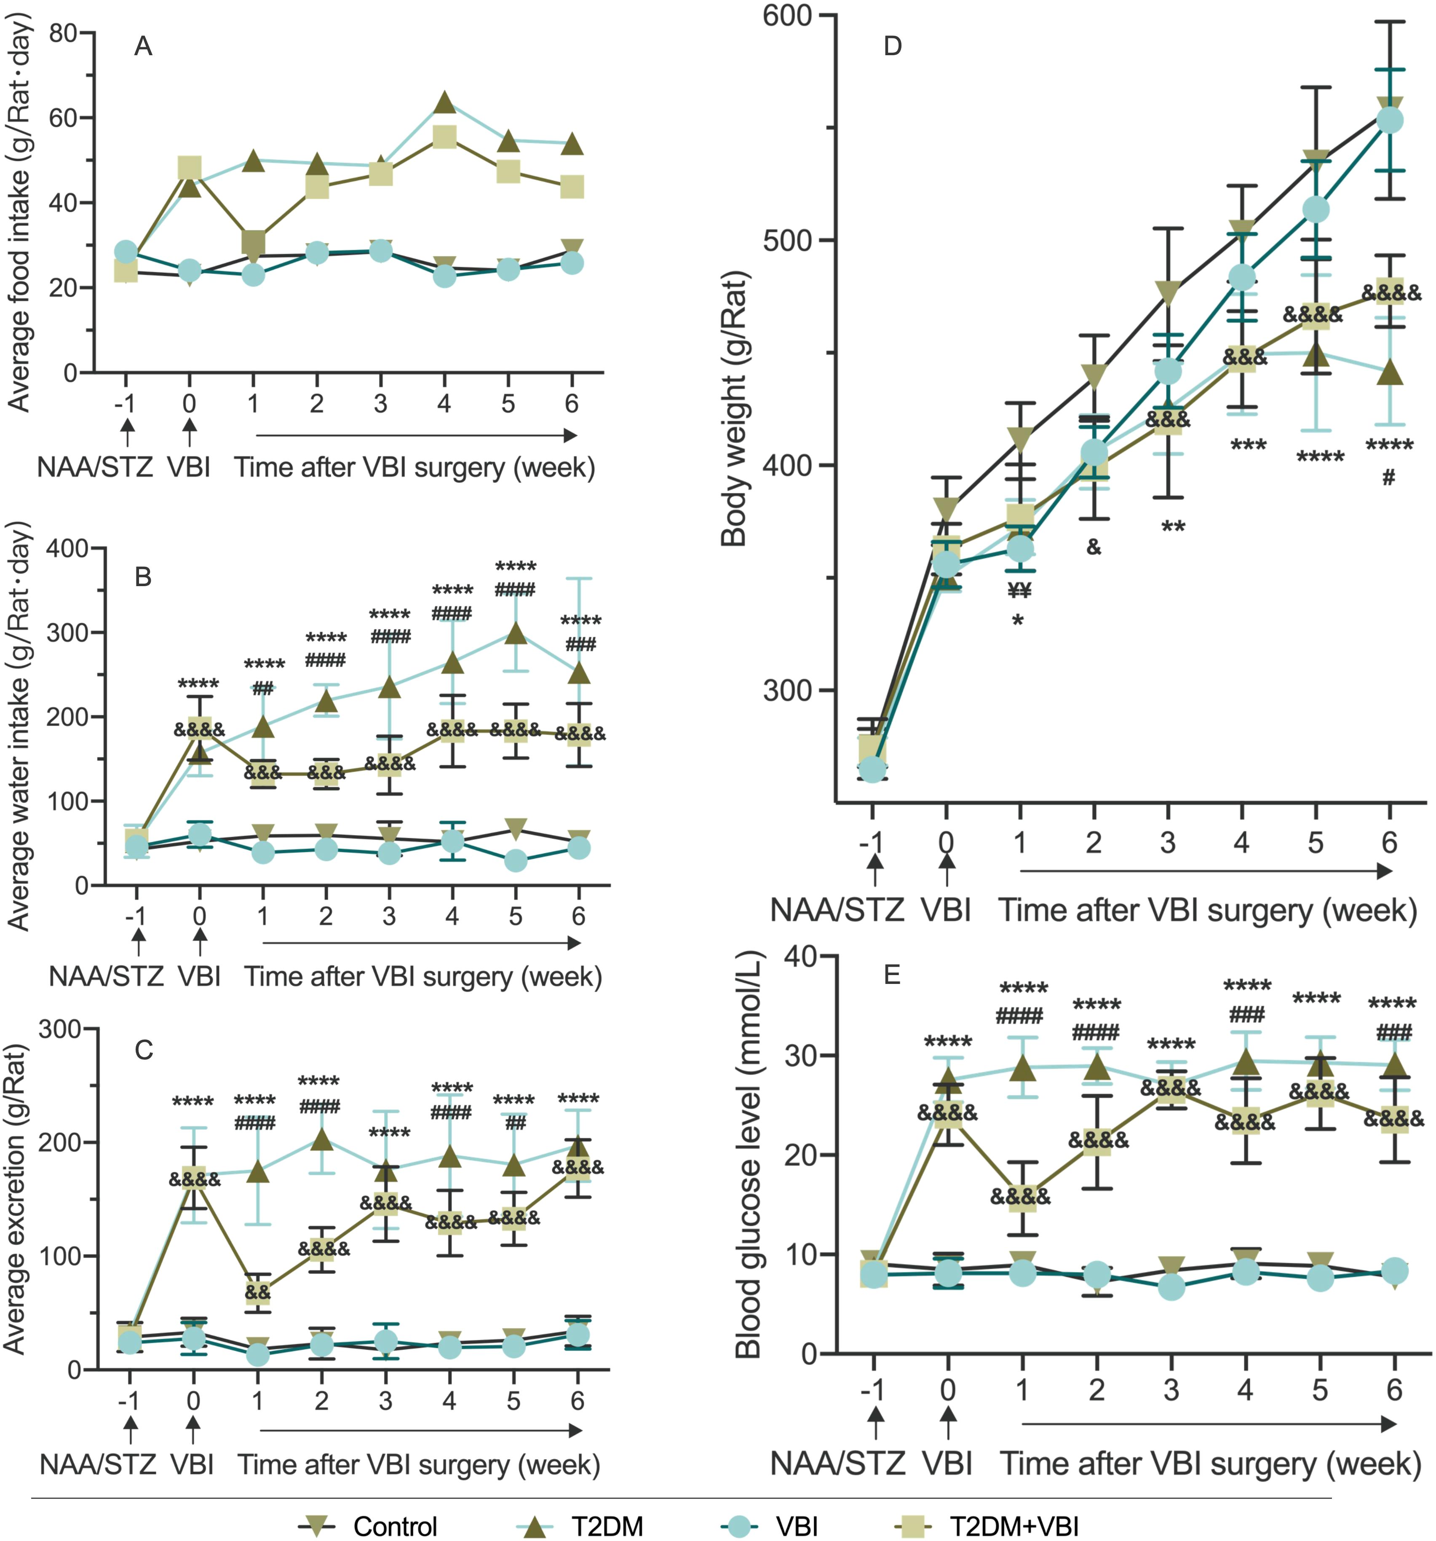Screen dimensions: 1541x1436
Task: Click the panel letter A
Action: tap(143, 47)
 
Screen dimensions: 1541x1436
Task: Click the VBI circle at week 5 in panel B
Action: tap(515, 860)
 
